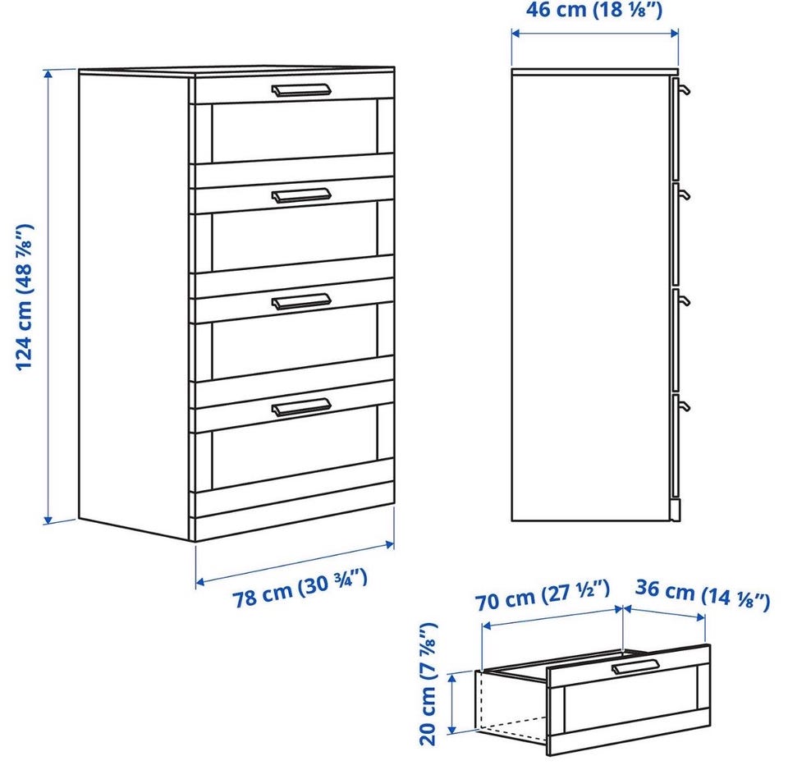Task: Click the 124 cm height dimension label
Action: click(x=25, y=297)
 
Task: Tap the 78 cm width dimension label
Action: click(x=300, y=589)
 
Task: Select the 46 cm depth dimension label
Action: click(x=594, y=10)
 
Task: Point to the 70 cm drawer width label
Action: click(x=543, y=595)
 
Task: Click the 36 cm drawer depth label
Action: click(x=702, y=594)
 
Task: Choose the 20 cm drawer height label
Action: click(x=428, y=684)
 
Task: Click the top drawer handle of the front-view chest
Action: click(x=301, y=90)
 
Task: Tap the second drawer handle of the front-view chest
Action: click(x=301, y=195)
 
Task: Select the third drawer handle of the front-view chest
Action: click(x=301, y=301)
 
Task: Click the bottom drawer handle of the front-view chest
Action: click(x=301, y=406)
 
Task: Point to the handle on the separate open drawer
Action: click(x=635, y=666)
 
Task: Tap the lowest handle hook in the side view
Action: click(x=683, y=406)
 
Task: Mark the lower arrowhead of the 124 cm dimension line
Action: click(x=48, y=519)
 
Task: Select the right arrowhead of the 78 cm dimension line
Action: click(x=389, y=543)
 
